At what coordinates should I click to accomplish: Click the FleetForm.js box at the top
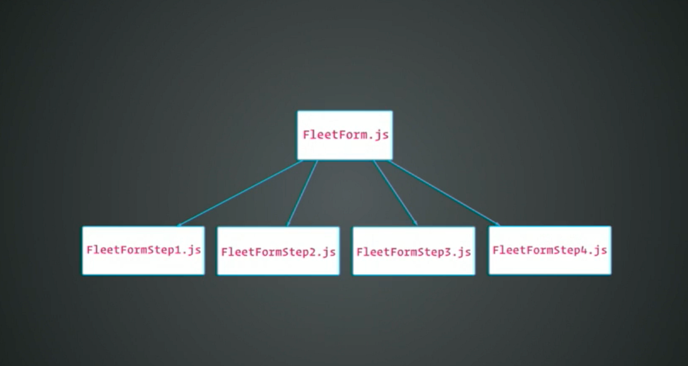tap(345, 135)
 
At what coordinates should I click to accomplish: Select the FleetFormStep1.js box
tap(143, 251)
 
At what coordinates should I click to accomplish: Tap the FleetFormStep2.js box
tap(278, 251)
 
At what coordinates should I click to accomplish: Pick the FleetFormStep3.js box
tap(414, 251)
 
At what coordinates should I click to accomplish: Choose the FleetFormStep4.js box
tap(550, 250)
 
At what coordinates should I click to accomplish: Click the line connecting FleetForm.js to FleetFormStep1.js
tap(240, 193)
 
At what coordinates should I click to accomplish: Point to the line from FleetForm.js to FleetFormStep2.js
tap(302, 193)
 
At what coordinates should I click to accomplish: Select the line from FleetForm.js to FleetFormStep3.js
tap(395, 193)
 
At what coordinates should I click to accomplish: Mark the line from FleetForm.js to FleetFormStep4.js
tap(444, 193)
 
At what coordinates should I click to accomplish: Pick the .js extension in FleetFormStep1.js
tap(191, 251)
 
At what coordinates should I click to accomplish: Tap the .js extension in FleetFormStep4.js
tap(597, 251)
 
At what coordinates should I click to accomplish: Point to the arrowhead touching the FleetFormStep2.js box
tap(288, 224)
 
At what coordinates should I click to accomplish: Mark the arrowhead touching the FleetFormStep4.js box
tap(497, 224)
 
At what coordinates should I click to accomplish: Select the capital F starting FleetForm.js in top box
tap(307, 135)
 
